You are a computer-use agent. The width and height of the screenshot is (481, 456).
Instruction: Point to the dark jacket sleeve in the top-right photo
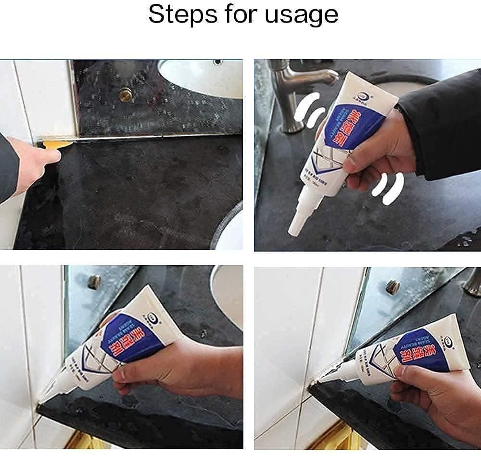click(443, 125)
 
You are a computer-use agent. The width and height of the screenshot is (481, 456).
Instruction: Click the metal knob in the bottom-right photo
click(392, 287)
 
